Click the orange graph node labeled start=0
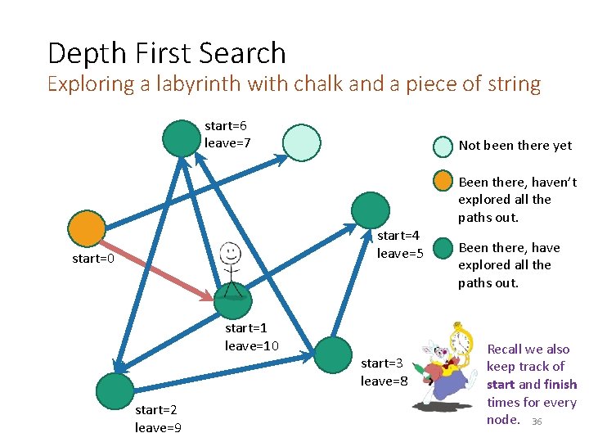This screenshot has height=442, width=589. coord(87,228)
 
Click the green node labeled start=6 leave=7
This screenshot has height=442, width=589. coord(181,138)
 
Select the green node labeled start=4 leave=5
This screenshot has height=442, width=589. coord(370,210)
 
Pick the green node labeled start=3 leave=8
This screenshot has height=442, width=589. coord(332,354)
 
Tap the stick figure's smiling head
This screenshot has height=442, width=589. coord(231,252)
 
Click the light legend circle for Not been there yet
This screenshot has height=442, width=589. coord(443,146)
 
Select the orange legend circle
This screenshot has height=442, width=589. coord(443,182)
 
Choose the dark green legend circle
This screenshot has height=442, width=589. coord(443,248)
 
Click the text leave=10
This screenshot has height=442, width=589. coord(252,345)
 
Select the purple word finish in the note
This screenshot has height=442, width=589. coord(560,385)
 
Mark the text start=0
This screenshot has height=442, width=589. coord(93,259)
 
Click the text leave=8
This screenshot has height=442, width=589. coord(384,381)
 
